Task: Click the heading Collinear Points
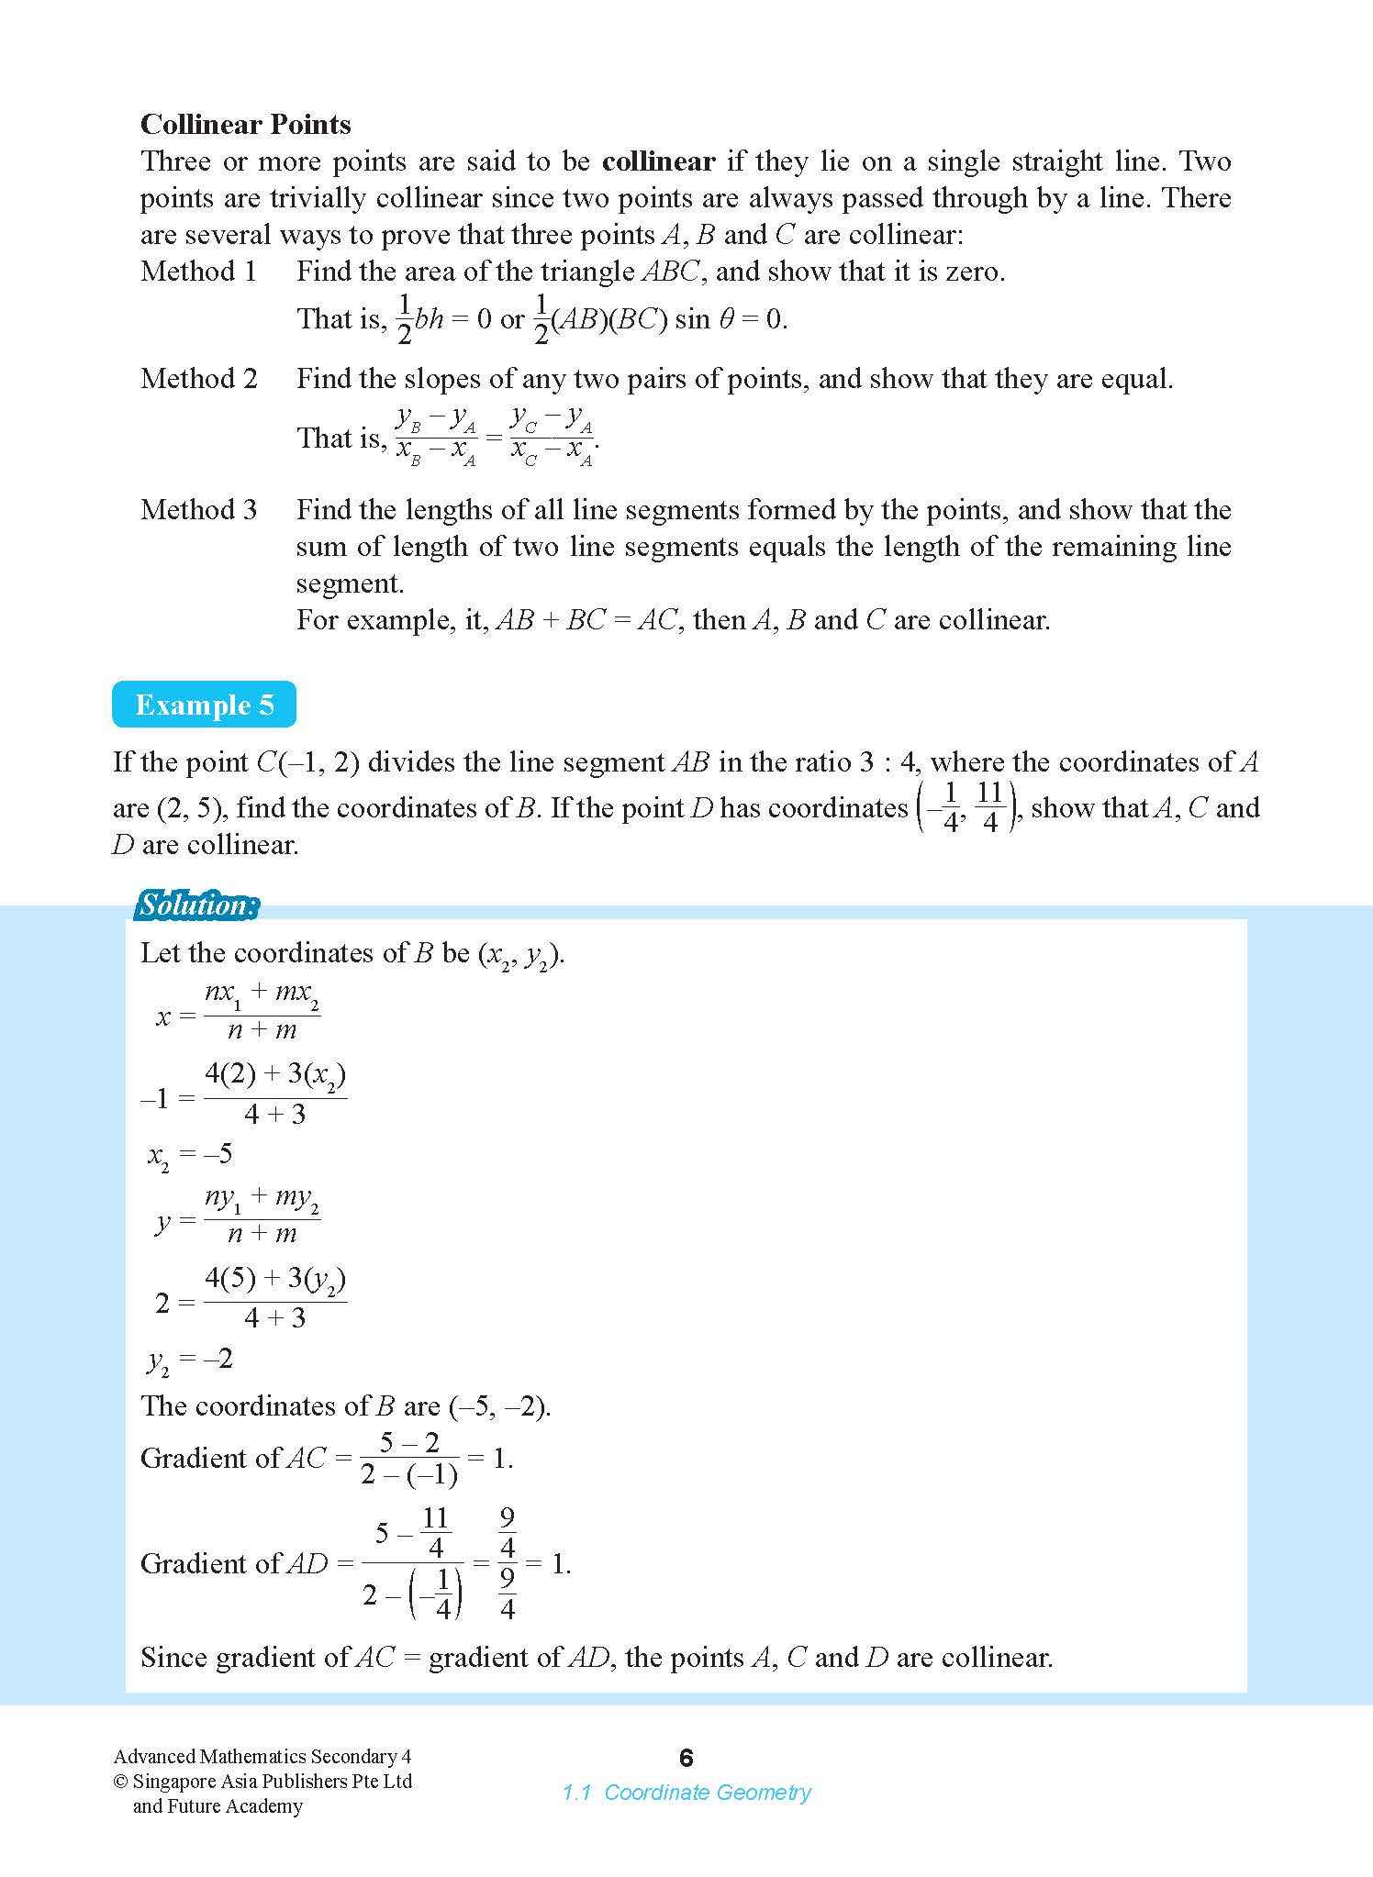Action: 245,124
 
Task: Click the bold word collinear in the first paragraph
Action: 658,161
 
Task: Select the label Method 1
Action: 198,272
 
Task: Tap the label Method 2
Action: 198,378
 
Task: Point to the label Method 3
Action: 198,509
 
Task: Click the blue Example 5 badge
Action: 204,705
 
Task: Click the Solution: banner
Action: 196,905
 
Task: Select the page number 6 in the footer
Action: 686,1758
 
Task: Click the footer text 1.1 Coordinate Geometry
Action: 686,1792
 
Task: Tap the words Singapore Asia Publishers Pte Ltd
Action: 273,1782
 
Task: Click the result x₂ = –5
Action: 190,1154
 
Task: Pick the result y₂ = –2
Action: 190,1359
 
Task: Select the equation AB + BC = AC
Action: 586,620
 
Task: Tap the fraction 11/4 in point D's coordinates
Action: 988,807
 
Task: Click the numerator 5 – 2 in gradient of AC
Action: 409,1443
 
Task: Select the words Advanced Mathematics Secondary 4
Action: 262,1757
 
